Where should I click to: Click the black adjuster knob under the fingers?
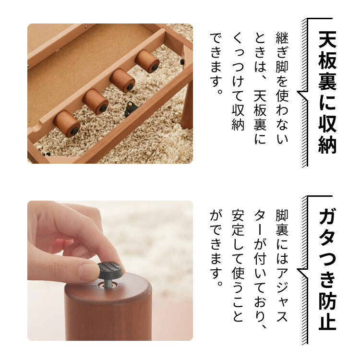pyautogui.click(x=110, y=270)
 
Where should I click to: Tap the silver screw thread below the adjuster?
pyautogui.click(x=108, y=284)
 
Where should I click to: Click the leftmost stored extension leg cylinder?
pyautogui.click(x=67, y=123)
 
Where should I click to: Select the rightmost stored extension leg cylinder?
pyautogui.click(x=147, y=61)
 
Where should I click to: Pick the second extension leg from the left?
pyautogui.click(x=95, y=101)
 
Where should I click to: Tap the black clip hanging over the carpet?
pyautogui.click(x=130, y=109)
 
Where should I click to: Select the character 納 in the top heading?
pyautogui.click(x=327, y=144)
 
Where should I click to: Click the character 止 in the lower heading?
pyautogui.click(x=327, y=320)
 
